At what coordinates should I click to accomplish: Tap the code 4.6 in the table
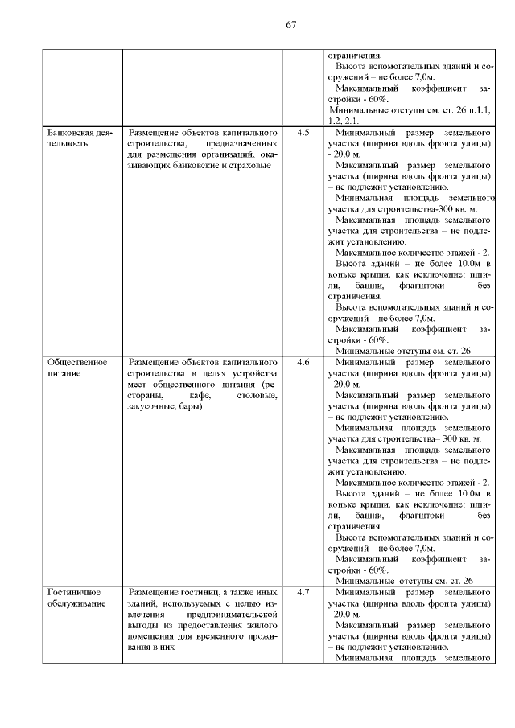[303, 362]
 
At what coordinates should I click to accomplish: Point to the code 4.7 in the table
[303, 592]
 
